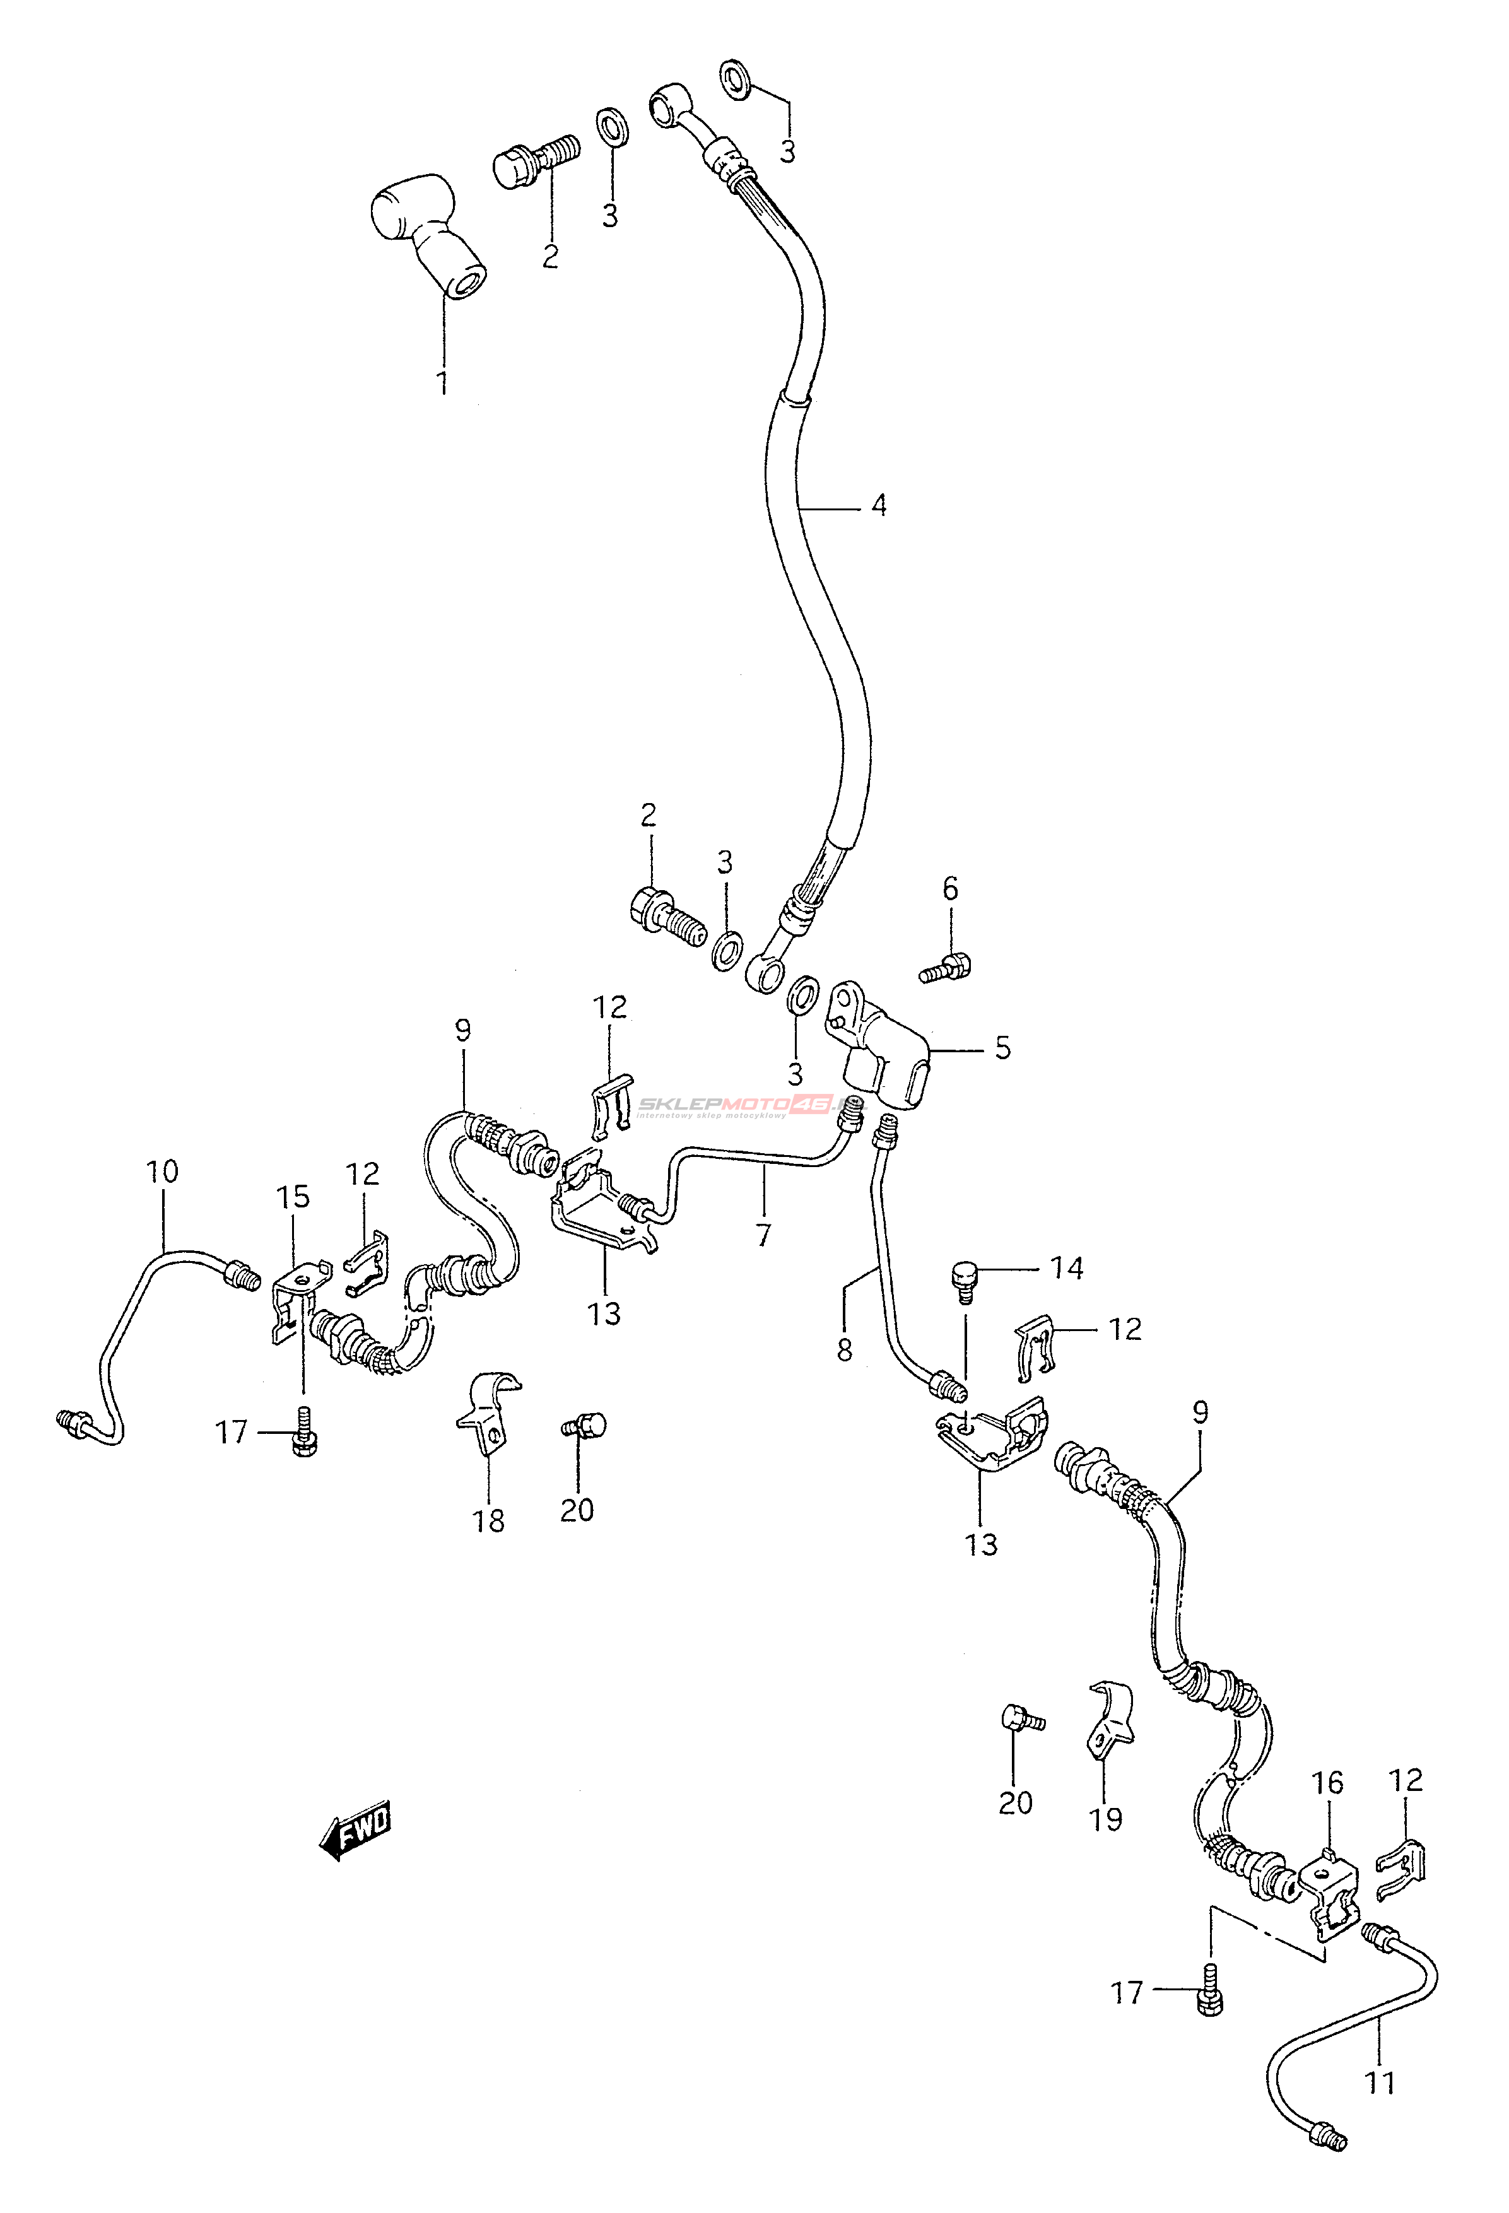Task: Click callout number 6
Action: pos(950,889)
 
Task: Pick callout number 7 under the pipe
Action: pos(763,1235)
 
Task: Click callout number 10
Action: pos(163,1171)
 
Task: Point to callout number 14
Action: pos(1066,1269)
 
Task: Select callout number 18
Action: pos(488,1521)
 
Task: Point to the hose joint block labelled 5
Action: pos(881,1052)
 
